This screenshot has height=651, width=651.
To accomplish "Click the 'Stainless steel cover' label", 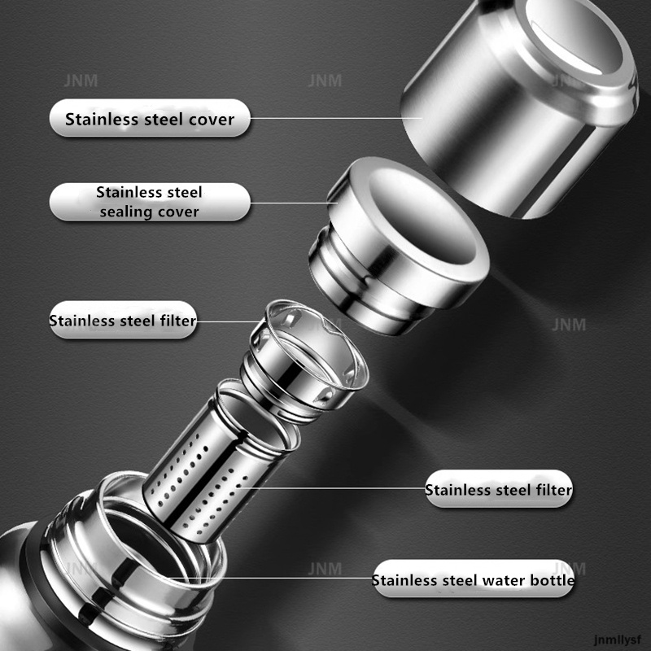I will click(149, 119).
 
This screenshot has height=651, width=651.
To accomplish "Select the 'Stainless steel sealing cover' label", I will click(149, 202).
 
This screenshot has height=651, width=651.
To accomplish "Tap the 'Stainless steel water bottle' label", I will click(474, 580).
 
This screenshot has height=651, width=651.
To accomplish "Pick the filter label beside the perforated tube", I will click(498, 490).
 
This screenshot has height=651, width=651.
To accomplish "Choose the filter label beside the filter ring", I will click(122, 321).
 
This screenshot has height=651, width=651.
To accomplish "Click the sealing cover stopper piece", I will click(399, 244).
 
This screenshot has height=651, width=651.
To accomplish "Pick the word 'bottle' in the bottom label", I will click(553, 580).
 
